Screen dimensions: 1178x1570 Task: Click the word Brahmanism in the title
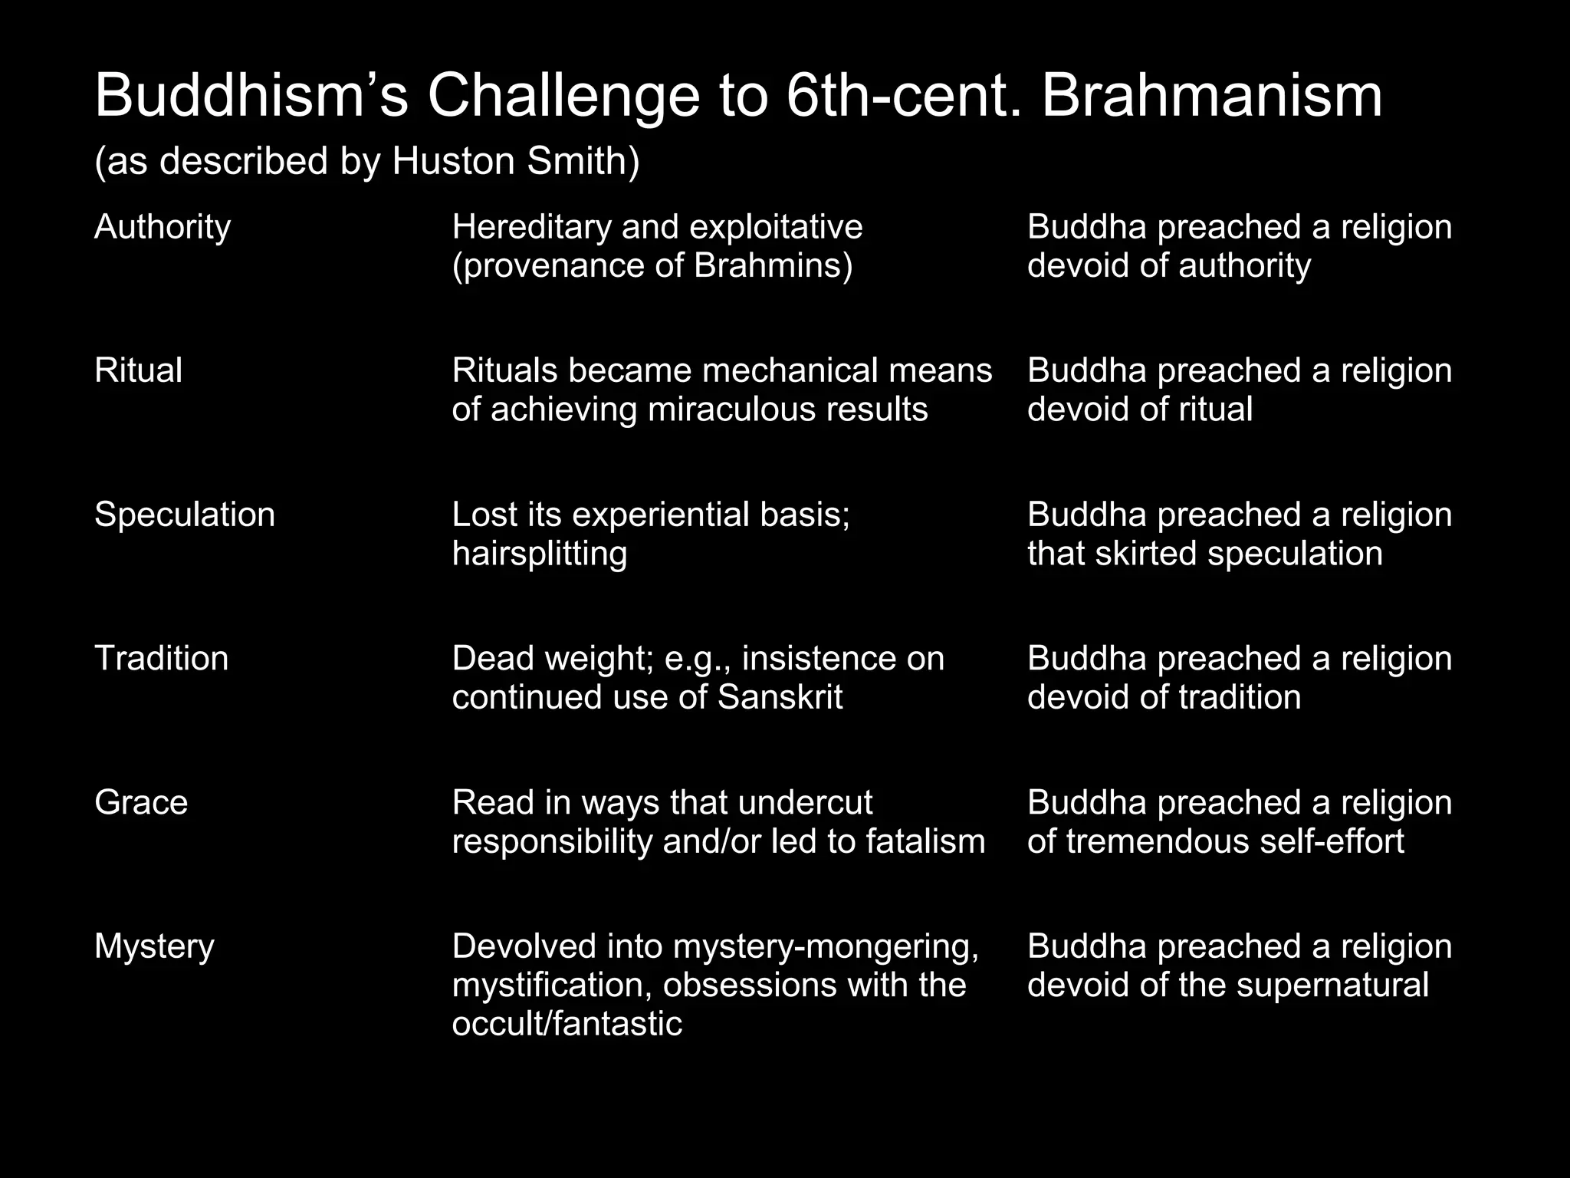tap(1211, 97)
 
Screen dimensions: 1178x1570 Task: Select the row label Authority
tap(163, 228)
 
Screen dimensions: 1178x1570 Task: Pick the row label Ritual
tap(138, 370)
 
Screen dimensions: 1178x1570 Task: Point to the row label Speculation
tap(184, 515)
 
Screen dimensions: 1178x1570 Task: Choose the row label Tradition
tap(161, 659)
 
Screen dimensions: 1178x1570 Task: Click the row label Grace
tap(141, 803)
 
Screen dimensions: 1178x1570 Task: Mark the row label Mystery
tap(154, 947)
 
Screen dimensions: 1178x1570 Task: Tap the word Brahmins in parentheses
tap(769, 266)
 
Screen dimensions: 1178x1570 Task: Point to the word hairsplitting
tap(539, 554)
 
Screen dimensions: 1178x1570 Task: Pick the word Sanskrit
tap(780, 698)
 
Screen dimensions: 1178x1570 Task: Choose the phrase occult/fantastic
tap(567, 1025)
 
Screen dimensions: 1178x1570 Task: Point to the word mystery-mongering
tap(825, 947)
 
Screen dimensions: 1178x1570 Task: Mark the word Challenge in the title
tap(563, 97)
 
